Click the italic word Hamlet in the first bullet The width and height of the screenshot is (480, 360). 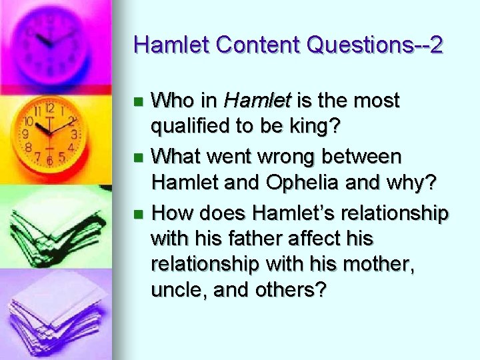coord(257,101)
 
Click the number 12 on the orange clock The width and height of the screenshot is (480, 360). coord(50,108)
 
